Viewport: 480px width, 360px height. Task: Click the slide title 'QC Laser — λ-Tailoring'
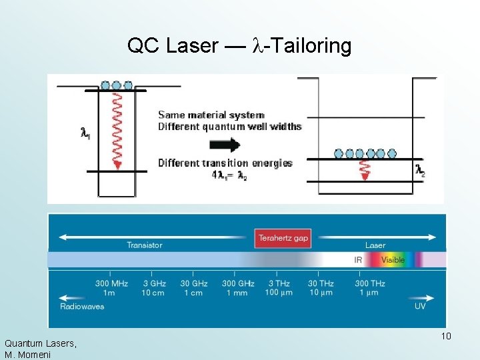[239, 46]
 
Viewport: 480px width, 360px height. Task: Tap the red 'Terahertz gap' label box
[283, 237]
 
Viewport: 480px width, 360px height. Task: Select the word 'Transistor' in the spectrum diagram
[145, 245]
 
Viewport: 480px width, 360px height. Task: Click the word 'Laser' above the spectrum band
[375, 245]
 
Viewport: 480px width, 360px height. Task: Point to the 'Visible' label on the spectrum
[393, 260]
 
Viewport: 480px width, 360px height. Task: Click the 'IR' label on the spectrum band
[359, 260]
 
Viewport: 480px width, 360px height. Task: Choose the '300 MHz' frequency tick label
[111, 283]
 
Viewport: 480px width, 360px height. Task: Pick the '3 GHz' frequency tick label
[153, 283]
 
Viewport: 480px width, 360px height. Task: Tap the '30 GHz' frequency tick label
[194, 283]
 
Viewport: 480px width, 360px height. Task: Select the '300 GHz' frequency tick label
[237, 283]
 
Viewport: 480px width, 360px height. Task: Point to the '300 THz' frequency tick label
[370, 283]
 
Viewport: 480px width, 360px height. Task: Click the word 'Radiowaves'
[82, 306]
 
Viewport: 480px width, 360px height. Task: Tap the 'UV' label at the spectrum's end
[420, 306]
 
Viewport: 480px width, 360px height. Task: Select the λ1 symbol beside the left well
[85, 133]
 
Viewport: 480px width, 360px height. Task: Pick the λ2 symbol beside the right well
[420, 170]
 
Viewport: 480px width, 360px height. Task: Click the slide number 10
[446, 335]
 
